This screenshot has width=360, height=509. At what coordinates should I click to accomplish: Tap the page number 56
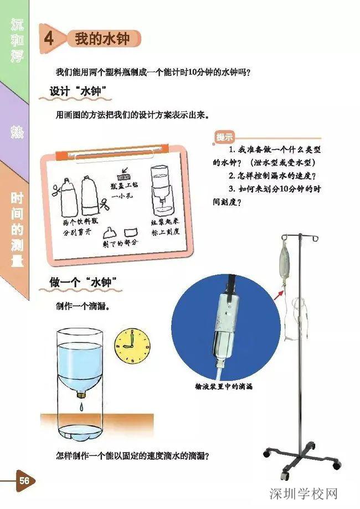[x=24, y=480]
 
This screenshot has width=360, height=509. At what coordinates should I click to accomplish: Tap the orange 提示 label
[x=224, y=137]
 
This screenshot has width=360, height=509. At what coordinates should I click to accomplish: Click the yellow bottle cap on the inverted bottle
[x=83, y=394]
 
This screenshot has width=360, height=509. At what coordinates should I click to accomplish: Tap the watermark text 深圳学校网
[x=304, y=493]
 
